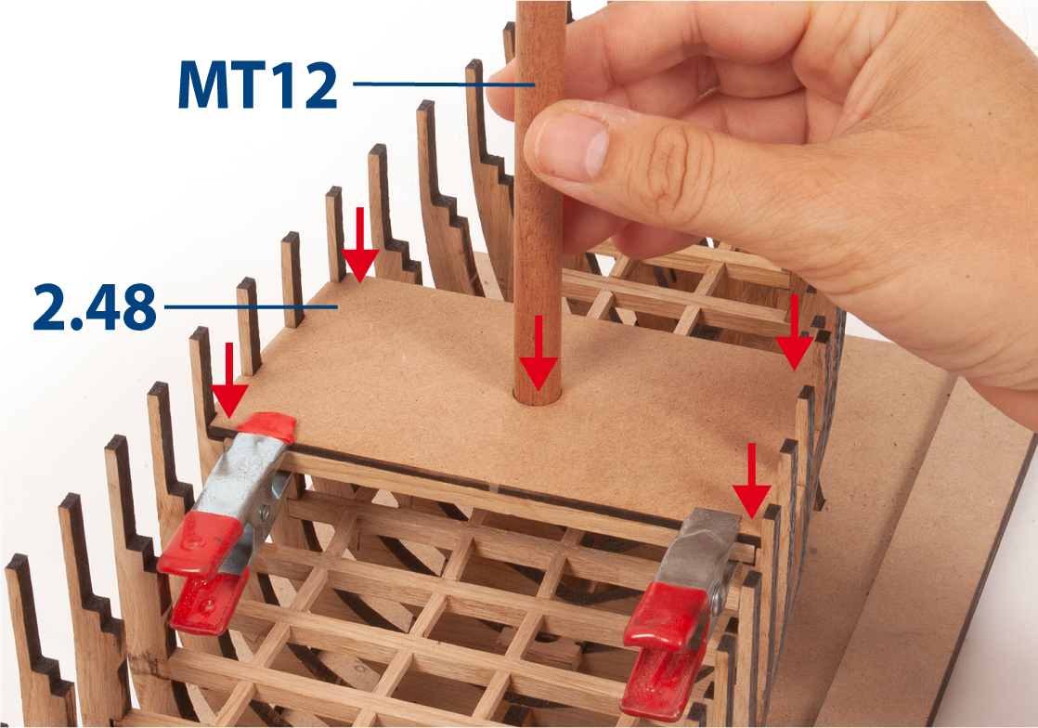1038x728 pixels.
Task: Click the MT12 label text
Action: click(257, 84)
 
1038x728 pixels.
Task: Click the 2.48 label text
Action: click(95, 307)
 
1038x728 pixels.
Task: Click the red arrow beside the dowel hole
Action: click(538, 353)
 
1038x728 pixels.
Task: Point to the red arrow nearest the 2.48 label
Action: click(359, 245)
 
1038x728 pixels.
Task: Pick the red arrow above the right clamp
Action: click(751, 481)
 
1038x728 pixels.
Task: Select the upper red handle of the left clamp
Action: click(200, 542)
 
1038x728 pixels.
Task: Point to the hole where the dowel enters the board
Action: click(537, 396)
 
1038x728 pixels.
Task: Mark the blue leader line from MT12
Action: click(444, 84)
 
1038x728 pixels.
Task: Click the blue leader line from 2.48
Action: click(251, 307)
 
